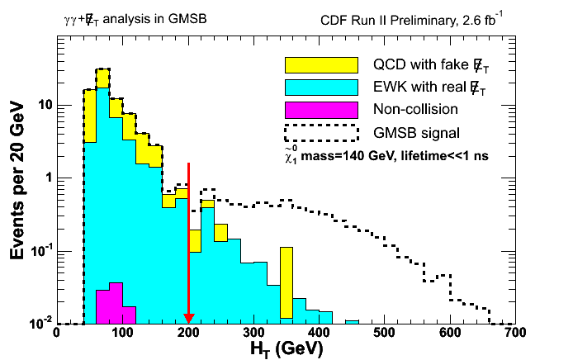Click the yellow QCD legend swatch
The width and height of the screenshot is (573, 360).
(x=321, y=64)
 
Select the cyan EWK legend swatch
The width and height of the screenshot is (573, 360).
(x=321, y=87)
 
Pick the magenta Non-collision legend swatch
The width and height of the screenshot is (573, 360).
(x=321, y=109)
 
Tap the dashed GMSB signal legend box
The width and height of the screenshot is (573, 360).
(x=321, y=132)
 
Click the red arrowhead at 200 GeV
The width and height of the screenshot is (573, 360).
(x=188, y=318)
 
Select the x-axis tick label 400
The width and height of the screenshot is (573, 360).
(x=319, y=334)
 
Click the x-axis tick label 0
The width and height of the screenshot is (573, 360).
(x=56, y=334)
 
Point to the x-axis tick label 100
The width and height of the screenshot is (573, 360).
(x=122, y=334)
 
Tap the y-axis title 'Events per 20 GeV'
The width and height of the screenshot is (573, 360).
(x=18, y=178)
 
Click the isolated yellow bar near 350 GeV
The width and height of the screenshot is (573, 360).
(x=286, y=281)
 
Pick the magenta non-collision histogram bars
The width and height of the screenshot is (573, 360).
(x=109, y=304)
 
